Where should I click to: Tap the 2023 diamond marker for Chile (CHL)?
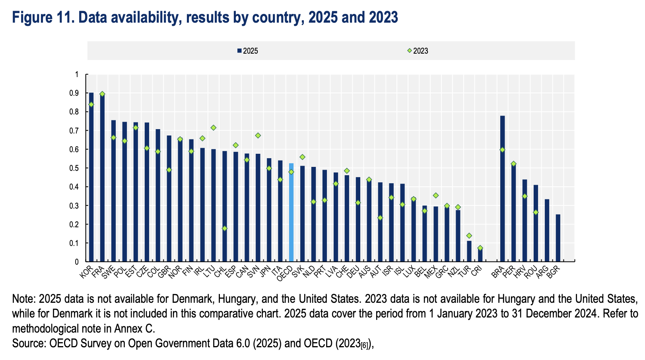pos(225,228)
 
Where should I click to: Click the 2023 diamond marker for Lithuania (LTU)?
pos(214,128)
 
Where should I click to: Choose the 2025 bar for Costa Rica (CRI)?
pos(480,255)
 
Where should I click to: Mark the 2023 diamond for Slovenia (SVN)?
pos(258,135)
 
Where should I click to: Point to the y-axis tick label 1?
pos(76,74)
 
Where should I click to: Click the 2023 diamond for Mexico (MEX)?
pos(436,195)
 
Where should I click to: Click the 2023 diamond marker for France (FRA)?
pos(102,94)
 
